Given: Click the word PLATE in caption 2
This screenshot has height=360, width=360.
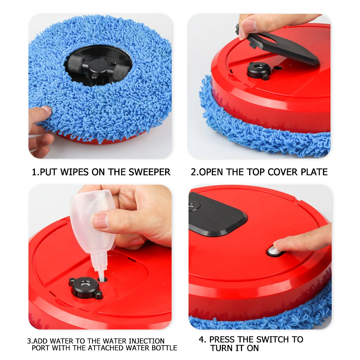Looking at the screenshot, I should tap(314, 172).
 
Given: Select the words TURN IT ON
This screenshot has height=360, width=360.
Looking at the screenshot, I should tap(234, 348).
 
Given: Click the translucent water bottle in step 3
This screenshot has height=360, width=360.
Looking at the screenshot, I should tap(89, 223).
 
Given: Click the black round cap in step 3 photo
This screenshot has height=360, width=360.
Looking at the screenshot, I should tap(85, 286).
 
